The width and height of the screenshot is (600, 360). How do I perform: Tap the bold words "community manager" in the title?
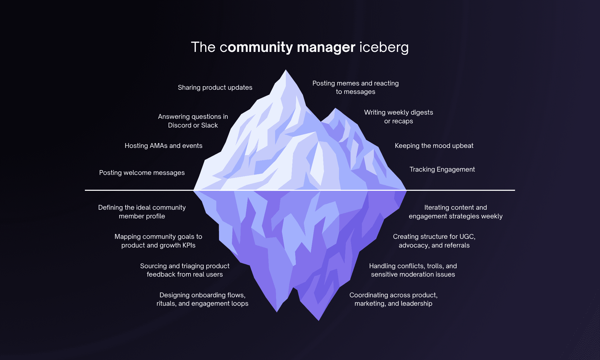pos(287,47)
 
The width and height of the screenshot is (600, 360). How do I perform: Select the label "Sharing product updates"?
pos(215,87)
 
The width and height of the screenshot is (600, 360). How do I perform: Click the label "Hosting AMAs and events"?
pos(163,145)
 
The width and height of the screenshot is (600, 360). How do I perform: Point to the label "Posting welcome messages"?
pos(142,172)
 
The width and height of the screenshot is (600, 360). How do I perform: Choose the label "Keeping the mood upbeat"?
pos(434,145)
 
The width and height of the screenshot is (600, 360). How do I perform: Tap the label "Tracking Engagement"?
pos(442,169)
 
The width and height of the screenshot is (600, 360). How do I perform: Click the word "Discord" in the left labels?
pos(179,125)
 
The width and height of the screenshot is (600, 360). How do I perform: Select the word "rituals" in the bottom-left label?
pos(166,303)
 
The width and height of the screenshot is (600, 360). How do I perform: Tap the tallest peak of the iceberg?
pos(286,71)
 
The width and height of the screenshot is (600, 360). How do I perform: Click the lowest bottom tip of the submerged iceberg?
pos(319,320)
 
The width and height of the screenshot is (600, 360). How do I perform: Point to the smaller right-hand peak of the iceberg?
pos(335,109)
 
